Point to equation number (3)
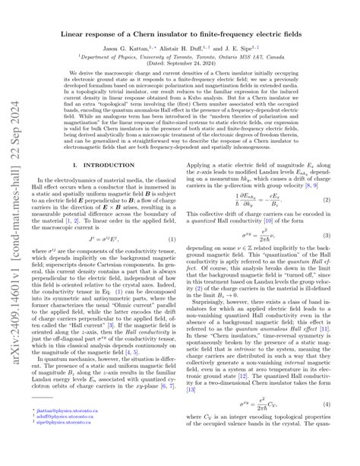(x=346, y=259)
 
